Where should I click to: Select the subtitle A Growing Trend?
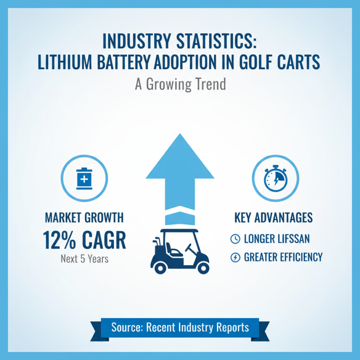pyautogui.click(x=180, y=84)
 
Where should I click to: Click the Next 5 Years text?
pyautogui.click(x=84, y=259)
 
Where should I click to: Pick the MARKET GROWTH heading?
pyautogui.click(x=84, y=218)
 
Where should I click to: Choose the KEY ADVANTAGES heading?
pyautogui.click(x=273, y=218)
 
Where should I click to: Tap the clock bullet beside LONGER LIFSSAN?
pyautogui.click(x=235, y=239)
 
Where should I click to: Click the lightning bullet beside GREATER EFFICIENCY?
pyautogui.click(x=235, y=257)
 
